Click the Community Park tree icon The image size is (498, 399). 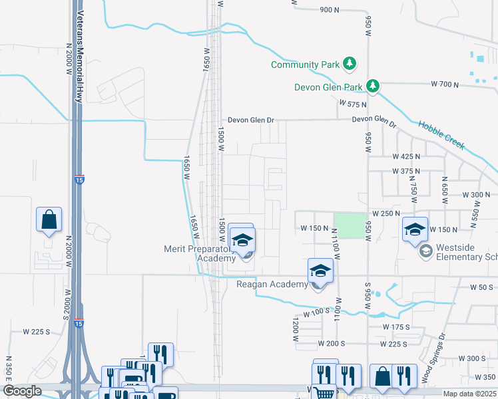pos(350,65)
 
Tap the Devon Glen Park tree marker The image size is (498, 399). pos(374,86)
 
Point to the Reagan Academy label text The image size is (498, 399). pos(272,285)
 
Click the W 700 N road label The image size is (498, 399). pos(445,84)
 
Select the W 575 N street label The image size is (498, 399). pos(353,104)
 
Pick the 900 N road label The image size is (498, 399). pos(330,10)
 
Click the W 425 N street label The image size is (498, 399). pos(407,156)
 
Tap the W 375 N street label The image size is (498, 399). pos(407,171)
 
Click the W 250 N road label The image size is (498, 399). pos(385,213)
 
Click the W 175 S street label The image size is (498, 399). pos(397,327)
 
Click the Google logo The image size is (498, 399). pos(21,391)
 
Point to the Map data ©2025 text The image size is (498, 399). pos(469,394)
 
